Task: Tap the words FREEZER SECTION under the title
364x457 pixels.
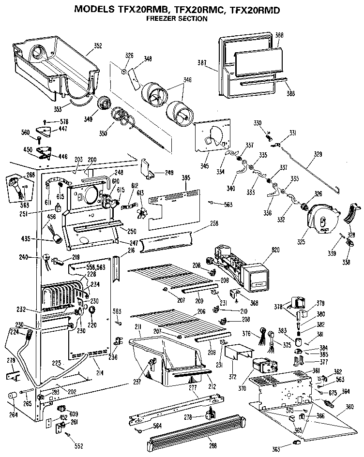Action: pyautogui.click(x=177, y=19)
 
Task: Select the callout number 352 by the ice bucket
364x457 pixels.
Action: pyautogui.click(x=98, y=46)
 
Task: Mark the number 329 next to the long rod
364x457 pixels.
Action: pyautogui.click(x=318, y=154)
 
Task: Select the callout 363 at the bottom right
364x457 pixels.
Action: pyautogui.click(x=276, y=449)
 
